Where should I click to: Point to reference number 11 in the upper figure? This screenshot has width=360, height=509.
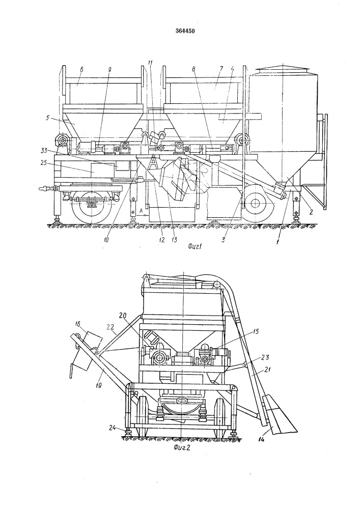[150, 63]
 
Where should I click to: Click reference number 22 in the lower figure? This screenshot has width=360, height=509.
[110, 326]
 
